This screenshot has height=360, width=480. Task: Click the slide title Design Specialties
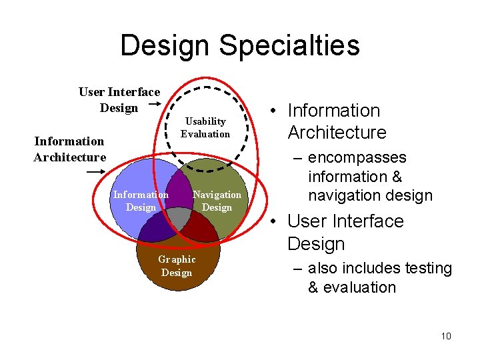pyautogui.click(x=240, y=45)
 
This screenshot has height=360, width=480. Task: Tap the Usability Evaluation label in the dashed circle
pyautogui.click(x=205, y=127)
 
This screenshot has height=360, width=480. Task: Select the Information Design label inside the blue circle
pyautogui.click(x=141, y=201)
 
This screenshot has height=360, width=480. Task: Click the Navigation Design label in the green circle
pyautogui.click(x=217, y=201)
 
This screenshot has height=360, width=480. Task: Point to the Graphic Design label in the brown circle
pyautogui.click(x=177, y=266)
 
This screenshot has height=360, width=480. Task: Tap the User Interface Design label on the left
pyautogui.click(x=119, y=99)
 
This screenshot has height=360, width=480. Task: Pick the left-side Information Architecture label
pyautogui.click(x=70, y=149)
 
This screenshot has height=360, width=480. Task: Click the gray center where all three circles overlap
pyautogui.click(x=179, y=217)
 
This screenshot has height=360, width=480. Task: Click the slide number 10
pyautogui.click(x=446, y=336)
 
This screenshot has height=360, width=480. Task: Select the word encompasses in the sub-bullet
pyautogui.click(x=357, y=158)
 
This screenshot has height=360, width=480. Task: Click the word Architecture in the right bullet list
pyautogui.click(x=337, y=132)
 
